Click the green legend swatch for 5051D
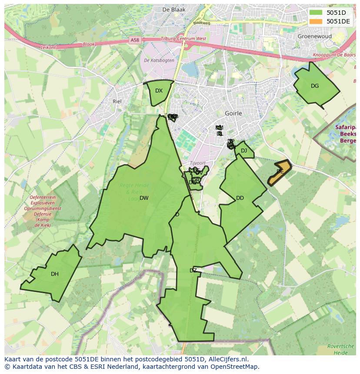pyautogui.click(x=316, y=13)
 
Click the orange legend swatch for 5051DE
pyautogui.click(x=316, y=21)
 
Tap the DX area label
pyautogui.click(x=159, y=91)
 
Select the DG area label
pyautogui.click(x=315, y=86)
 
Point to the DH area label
pyautogui.click(x=54, y=274)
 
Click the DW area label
pyautogui.click(x=144, y=198)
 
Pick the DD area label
pyautogui.click(x=240, y=198)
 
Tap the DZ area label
pyautogui.click(x=193, y=271)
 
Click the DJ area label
pyautogui.click(x=244, y=151)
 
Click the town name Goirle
pyautogui.click(x=233, y=113)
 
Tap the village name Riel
pyautogui.click(x=117, y=101)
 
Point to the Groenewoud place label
pyautogui.click(x=315, y=36)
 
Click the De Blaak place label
pyautogui.click(x=173, y=10)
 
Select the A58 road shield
pyautogui.click(x=135, y=40)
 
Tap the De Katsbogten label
pyautogui.click(x=159, y=60)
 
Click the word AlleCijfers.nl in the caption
pyautogui.click(x=227, y=359)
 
